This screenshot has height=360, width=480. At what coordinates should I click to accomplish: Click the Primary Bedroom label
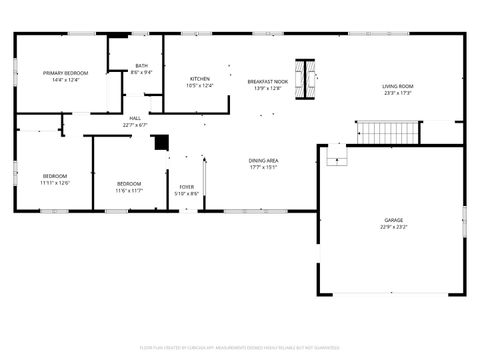pyautogui.click(x=65, y=73)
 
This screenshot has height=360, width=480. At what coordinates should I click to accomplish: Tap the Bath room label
pyautogui.click(x=143, y=66)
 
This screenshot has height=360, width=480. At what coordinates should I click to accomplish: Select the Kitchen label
pyautogui.click(x=200, y=79)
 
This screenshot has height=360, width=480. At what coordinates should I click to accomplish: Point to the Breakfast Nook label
pyautogui.click(x=267, y=80)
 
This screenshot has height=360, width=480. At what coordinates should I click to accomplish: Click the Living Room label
pyautogui.click(x=397, y=86)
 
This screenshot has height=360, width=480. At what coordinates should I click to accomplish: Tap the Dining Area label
pyautogui.click(x=264, y=160)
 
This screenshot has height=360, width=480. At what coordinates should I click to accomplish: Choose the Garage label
pyautogui.click(x=393, y=220)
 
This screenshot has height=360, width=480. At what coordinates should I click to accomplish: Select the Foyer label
pyautogui.click(x=187, y=186)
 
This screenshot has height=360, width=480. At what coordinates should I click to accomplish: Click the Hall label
pyautogui.click(x=134, y=118)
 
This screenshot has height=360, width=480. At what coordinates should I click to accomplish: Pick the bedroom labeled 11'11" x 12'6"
pyautogui.click(x=54, y=176)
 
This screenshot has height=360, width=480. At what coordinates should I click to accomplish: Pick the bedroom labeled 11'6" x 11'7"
pyautogui.click(x=129, y=183)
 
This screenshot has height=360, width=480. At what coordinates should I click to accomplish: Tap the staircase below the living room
pyautogui.click(x=388, y=131)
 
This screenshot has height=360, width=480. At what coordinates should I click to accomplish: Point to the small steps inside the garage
pyautogui.click(x=337, y=157)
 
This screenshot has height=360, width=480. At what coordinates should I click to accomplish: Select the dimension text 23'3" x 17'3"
pyautogui.click(x=397, y=92)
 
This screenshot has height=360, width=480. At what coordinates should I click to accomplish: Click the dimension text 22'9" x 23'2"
pyautogui.click(x=393, y=226)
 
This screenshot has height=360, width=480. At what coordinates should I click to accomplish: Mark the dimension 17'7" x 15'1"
pyautogui.click(x=264, y=166)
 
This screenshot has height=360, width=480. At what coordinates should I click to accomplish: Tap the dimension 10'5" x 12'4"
pyautogui.click(x=200, y=85)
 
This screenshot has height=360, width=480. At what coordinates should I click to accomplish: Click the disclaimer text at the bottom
pyautogui.click(x=240, y=348)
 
